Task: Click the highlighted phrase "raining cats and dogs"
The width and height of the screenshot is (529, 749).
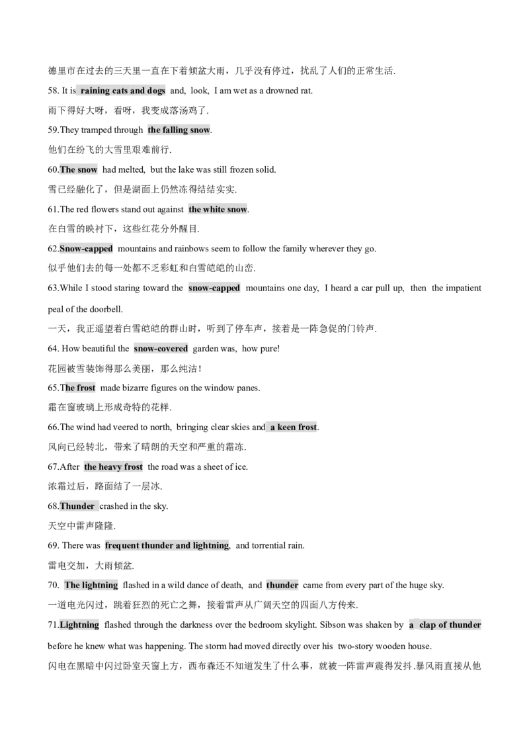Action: pyautogui.click(x=123, y=91)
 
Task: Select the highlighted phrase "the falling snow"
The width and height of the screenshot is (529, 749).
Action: pyautogui.click(x=179, y=130)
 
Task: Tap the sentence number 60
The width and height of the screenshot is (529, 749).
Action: pyautogui.click(x=54, y=169)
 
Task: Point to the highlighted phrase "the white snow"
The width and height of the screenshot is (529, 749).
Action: pyautogui.click(x=218, y=209)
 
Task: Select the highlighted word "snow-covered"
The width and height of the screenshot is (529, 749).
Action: pyautogui.click(x=161, y=349)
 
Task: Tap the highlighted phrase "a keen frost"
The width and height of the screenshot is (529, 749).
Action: pyautogui.click(x=294, y=427)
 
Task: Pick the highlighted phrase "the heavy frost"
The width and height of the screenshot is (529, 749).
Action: pyautogui.click(x=113, y=466)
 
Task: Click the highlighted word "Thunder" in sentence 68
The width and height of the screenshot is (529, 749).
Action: pyautogui.click(x=77, y=506)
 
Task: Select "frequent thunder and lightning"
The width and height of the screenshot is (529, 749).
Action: pyautogui.click(x=167, y=545)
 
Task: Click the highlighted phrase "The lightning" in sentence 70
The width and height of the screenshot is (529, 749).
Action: pyautogui.click(x=91, y=585)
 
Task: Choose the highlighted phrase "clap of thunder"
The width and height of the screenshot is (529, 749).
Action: pyautogui.click(x=450, y=625)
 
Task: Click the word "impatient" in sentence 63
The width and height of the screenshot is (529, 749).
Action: pyautogui.click(x=463, y=288)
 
